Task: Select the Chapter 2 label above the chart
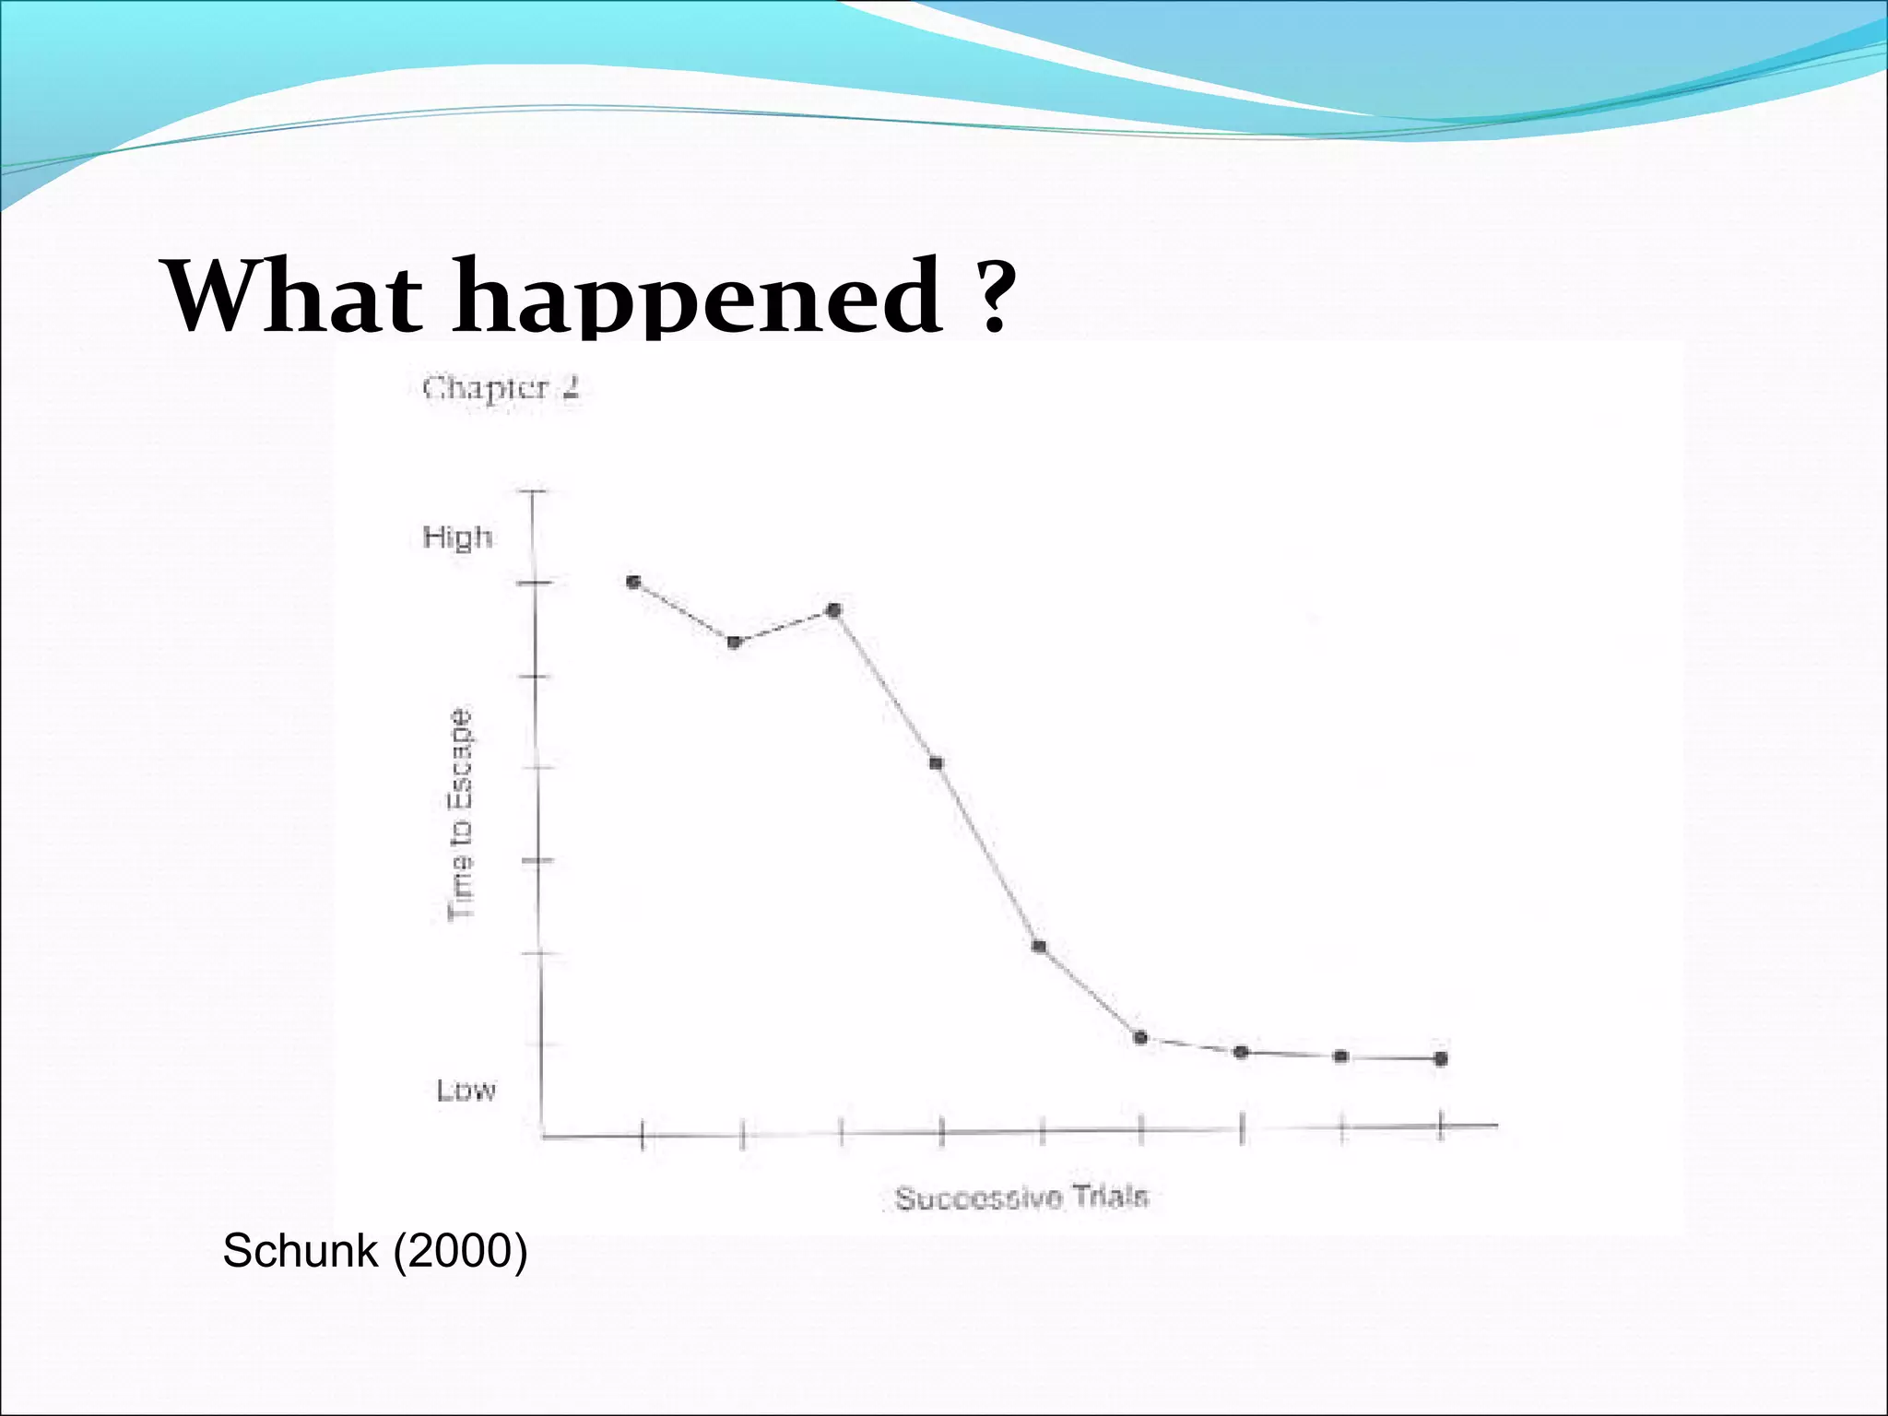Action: click(501, 388)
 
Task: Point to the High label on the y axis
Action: click(457, 537)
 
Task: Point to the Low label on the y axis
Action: click(466, 1091)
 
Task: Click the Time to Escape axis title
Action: click(461, 814)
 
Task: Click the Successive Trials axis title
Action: click(1021, 1198)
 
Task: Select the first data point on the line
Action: click(633, 582)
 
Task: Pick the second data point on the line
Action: click(735, 642)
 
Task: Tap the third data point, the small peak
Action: click(834, 609)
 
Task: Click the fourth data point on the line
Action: click(936, 762)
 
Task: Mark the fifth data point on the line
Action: click(1039, 947)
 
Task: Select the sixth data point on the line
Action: click(1140, 1038)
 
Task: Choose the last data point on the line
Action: click(1441, 1058)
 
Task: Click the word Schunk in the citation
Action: click(301, 1251)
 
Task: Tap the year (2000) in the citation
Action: click(460, 1251)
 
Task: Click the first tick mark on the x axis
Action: click(642, 1135)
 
